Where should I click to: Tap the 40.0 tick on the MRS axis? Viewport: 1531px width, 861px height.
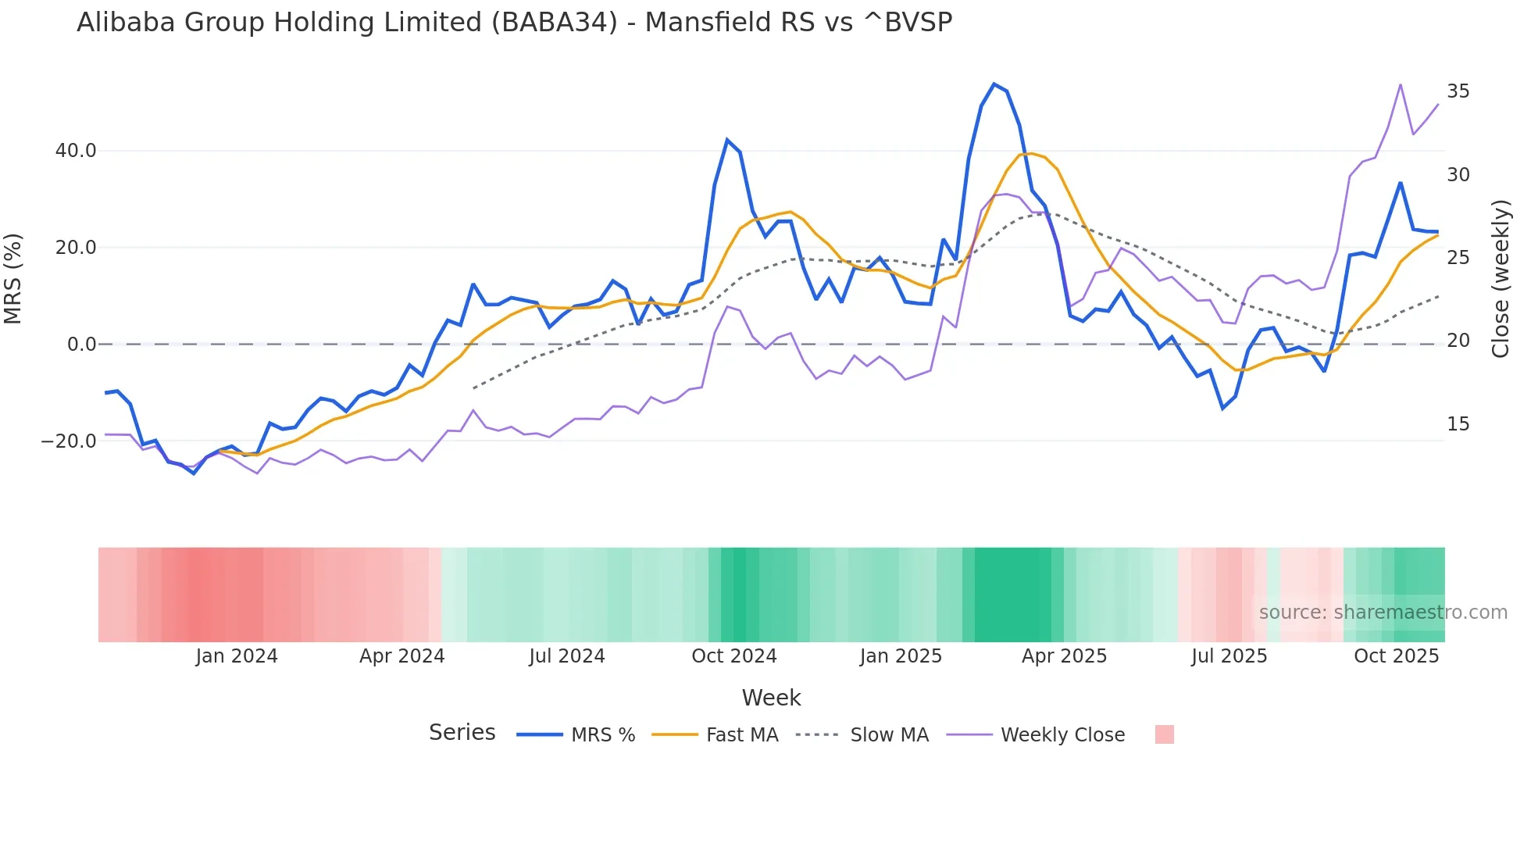coord(76,151)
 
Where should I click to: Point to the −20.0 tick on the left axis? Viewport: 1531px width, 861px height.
coord(69,441)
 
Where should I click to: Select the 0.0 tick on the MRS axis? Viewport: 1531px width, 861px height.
coord(81,345)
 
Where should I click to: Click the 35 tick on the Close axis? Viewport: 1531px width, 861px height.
coord(1458,91)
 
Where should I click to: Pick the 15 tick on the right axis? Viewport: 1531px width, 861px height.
coord(1458,424)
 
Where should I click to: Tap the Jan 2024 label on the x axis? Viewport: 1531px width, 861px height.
coord(236,656)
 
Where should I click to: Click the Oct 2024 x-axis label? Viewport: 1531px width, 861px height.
coord(733,656)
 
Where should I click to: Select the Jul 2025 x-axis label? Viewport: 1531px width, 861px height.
coord(1229,656)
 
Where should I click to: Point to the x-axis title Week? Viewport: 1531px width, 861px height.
coord(771,698)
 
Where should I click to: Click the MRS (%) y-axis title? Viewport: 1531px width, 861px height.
coord(13,278)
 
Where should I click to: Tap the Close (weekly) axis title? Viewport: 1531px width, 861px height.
coord(1501,278)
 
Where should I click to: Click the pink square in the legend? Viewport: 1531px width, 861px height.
coord(1164,734)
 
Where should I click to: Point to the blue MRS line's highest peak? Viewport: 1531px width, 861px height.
coord(994,84)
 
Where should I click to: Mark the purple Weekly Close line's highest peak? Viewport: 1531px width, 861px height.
coord(1401,84)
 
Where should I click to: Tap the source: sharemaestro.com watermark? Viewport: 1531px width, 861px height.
coord(1383,613)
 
